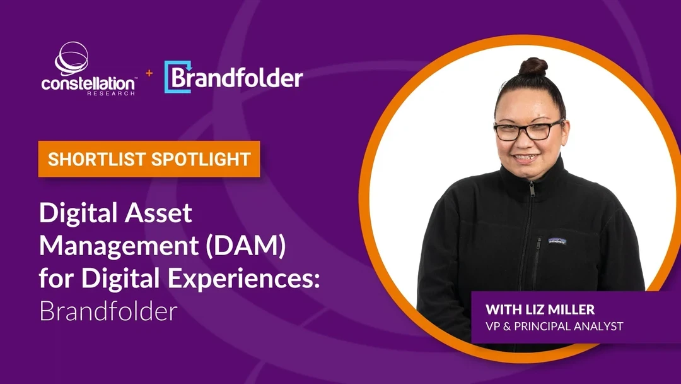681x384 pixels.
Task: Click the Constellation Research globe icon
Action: pos(72,59)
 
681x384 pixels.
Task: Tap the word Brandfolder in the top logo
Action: pos(237,78)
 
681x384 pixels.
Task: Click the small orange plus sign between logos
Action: pos(149,73)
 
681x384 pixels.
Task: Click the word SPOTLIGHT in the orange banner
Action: pos(201,159)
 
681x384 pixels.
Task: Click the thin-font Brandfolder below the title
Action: pos(108,311)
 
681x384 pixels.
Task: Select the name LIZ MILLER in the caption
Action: pos(560,309)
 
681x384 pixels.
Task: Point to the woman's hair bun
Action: pos(533,67)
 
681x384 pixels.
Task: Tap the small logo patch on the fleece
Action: pos(557,241)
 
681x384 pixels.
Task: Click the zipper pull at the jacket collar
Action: pos(532,189)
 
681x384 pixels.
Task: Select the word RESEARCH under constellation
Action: pos(111,93)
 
